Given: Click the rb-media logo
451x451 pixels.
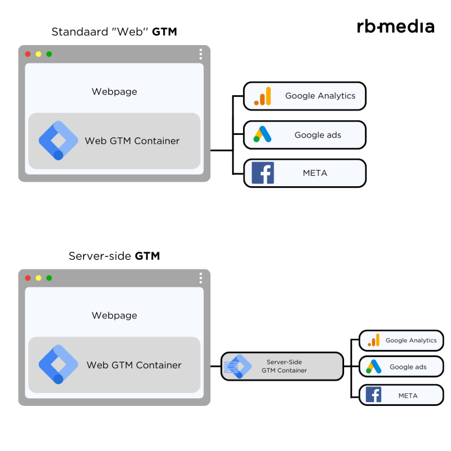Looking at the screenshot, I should [x=395, y=27].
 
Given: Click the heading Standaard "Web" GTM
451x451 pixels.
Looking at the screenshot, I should [x=114, y=32].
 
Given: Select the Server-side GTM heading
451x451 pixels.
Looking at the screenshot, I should [x=114, y=256].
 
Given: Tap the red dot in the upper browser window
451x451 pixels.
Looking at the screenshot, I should [x=28, y=54].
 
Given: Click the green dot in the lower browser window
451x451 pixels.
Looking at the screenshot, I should [x=49, y=278].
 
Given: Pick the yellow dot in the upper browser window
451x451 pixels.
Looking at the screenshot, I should [x=38, y=54].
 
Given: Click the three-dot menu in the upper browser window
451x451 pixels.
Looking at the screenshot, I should [x=201, y=54].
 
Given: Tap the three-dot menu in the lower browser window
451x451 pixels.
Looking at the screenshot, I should [x=201, y=278].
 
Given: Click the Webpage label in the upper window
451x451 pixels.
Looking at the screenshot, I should [x=114, y=92].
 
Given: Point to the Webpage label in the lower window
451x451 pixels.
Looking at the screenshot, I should [x=114, y=315].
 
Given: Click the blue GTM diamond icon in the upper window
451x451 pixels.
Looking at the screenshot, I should [x=58, y=141].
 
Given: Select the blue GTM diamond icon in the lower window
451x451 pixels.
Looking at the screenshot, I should [x=58, y=364].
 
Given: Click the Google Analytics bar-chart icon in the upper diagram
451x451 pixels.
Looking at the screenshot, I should [x=262, y=96].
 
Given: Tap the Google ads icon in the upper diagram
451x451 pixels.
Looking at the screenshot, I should [x=262, y=134].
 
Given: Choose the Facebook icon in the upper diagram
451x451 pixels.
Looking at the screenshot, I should [x=262, y=173].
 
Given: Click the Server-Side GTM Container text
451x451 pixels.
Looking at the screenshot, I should [x=284, y=366].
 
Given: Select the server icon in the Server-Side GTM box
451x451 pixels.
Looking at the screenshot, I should [x=232, y=366].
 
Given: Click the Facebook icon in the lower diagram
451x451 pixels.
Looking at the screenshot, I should [x=373, y=395].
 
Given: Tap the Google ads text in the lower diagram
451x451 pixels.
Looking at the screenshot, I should [x=408, y=367].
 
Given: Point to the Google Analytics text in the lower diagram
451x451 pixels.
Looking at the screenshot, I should [x=411, y=341].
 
